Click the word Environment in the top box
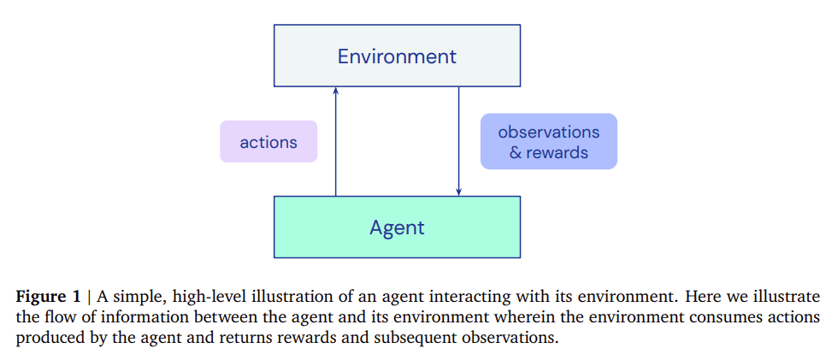[x=397, y=57]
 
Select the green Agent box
[x=397, y=227]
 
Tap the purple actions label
[x=268, y=142]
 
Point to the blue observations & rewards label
[x=548, y=142]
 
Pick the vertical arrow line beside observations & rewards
[x=459, y=137]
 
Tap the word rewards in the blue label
[x=557, y=153]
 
